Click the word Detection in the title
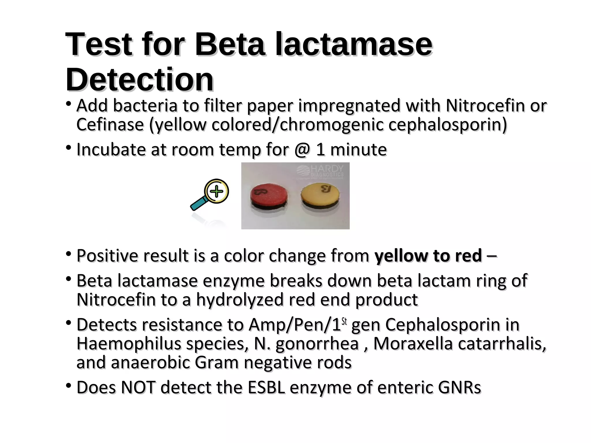click(x=139, y=79)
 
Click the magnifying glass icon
click(x=210, y=195)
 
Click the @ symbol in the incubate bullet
click(x=302, y=150)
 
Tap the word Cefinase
click(x=110, y=125)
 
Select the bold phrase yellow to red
click(x=428, y=256)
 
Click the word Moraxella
click(x=413, y=344)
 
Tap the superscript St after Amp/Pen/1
click(x=344, y=321)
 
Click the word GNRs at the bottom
click(x=459, y=387)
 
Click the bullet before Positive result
click(x=68, y=254)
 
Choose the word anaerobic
click(x=150, y=363)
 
